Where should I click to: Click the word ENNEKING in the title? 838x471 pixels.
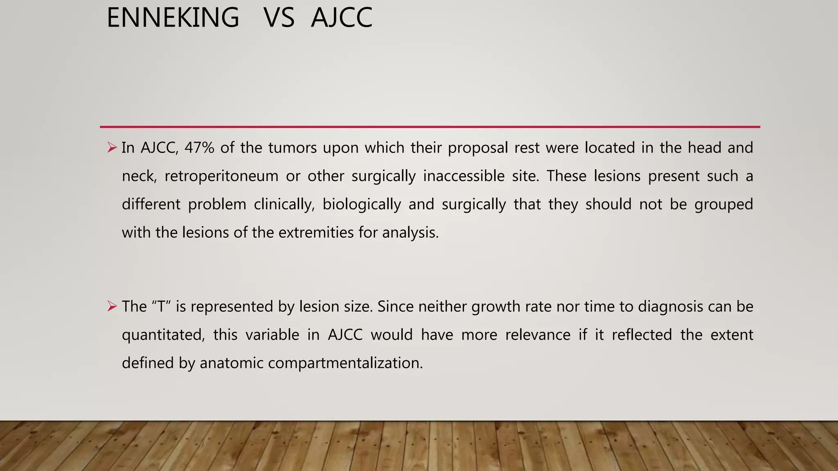(173, 18)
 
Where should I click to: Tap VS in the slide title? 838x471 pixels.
(279, 18)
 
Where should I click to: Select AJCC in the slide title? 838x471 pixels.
(342, 18)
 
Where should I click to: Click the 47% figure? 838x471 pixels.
(199, 148)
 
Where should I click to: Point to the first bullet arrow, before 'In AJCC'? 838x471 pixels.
(112, 147)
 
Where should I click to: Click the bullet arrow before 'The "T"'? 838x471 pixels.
(112, 306)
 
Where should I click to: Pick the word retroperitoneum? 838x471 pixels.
(221, 176)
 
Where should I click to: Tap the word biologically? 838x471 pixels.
(362, 204)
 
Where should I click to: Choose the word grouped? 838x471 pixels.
(723, 204)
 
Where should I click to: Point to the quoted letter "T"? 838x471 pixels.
(161, 306)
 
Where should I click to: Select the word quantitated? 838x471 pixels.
(163, 335)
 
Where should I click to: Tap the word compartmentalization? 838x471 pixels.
(345, 363)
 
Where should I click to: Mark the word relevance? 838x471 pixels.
(538, 335)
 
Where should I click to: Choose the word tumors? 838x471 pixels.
(293, 148)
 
